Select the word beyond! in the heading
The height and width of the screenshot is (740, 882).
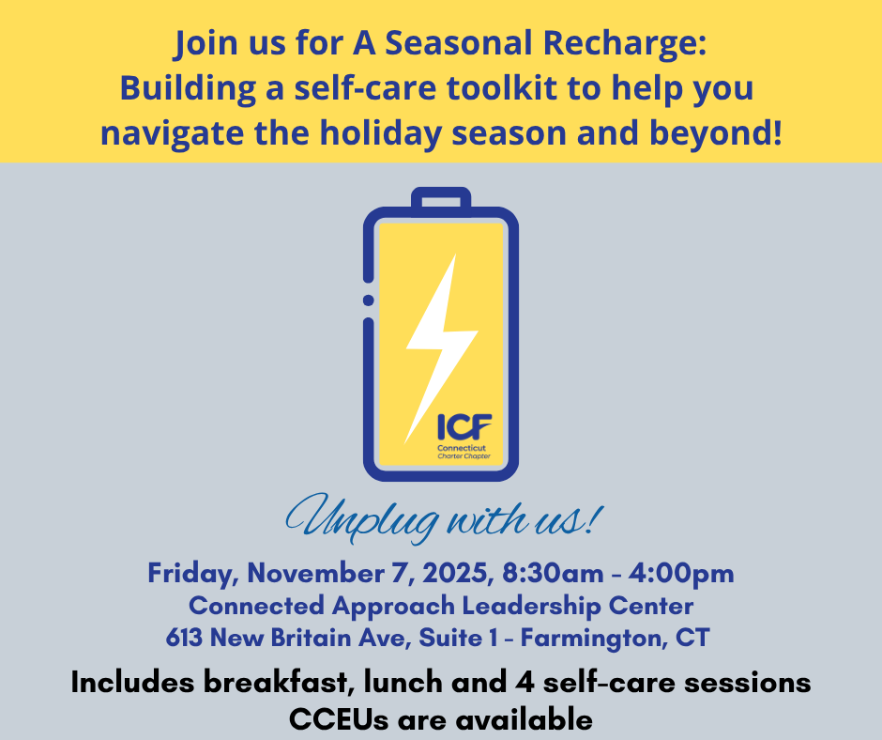716,134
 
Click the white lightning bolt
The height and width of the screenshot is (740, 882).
441,348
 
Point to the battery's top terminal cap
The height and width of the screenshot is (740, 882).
441,200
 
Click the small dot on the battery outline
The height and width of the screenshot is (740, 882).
369,301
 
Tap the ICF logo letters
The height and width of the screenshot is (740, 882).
464,427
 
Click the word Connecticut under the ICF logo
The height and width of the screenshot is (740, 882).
462,448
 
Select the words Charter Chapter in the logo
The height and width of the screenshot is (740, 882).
464,456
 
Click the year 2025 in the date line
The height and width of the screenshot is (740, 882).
455,573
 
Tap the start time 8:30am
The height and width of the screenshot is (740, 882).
553,573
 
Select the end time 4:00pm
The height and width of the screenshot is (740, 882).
681,574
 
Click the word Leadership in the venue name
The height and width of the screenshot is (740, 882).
532,607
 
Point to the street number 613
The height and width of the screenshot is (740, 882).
184,638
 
